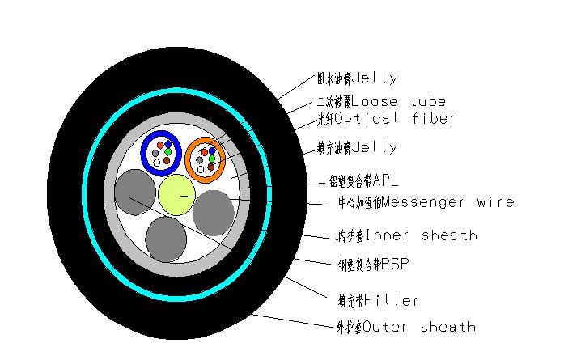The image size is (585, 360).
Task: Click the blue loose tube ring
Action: click(x=144, y=151)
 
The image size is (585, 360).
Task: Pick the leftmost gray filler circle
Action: click(x=134, y=193)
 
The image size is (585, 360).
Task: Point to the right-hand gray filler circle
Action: click(x=214, y=212)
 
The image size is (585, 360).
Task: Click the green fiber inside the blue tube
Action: click(x=168, y=151)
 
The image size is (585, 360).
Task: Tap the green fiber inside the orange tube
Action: click(x=212, y=159)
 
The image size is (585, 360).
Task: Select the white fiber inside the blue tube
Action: click(x=157, y=163)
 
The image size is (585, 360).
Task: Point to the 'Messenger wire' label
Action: click(x=426, y=201)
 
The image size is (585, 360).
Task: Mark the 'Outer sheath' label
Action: click(x=405, y=327)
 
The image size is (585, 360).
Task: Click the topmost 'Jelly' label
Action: click(x=356, y=78)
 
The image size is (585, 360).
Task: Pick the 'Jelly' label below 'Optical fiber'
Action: click(x=356, y=148)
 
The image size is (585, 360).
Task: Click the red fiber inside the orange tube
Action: click(x=205, y=152)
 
